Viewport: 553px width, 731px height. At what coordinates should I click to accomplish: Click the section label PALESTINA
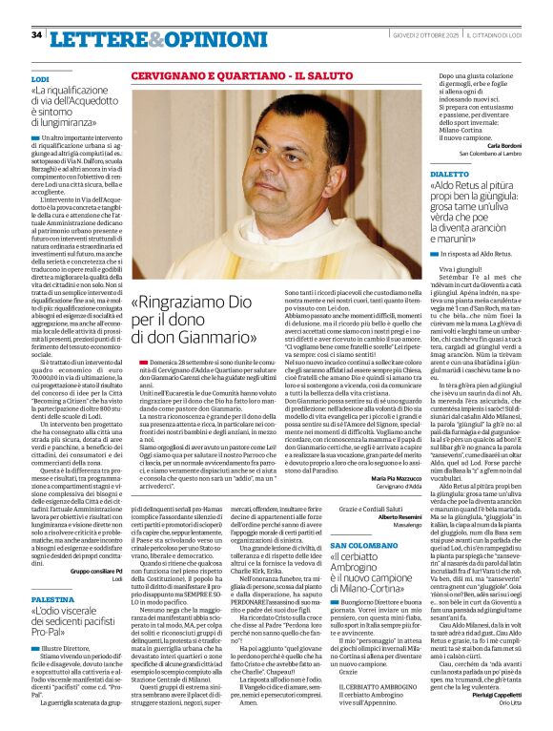52,598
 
